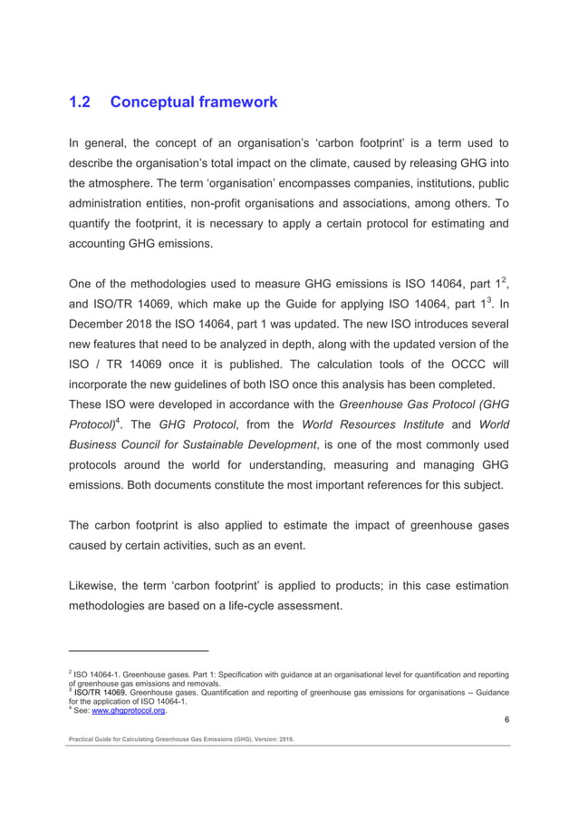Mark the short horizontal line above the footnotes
click(x=139, y=651)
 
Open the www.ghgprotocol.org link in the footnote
click(x=129, y=712)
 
